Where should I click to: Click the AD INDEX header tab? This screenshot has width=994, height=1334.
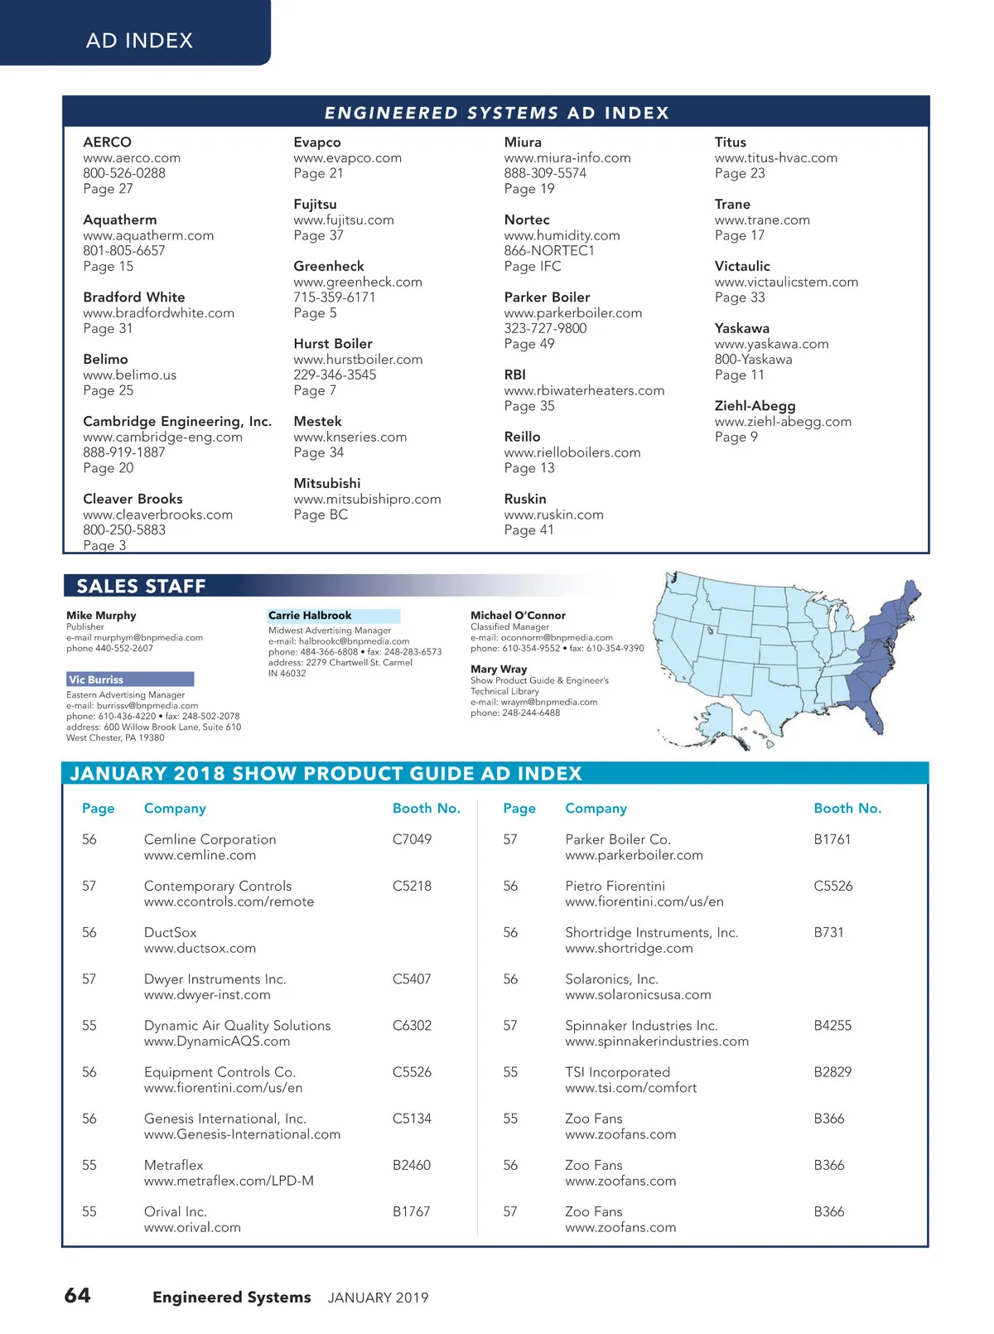[139, 40]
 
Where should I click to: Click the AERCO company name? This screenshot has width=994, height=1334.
[107, 143]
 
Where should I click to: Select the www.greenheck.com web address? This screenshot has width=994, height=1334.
[358, 282]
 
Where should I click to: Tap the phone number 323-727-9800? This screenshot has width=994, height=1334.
[545, 328]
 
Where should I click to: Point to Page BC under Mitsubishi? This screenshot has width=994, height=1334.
[321, 515]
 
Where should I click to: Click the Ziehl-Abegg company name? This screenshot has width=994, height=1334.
[755, 406]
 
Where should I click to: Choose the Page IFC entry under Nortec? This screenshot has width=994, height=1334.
[533, 266]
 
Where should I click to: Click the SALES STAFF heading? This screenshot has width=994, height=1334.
[141, 586]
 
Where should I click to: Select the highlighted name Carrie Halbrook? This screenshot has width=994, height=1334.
[310, 616]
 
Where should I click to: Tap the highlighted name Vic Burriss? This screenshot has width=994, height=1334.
[97, 679]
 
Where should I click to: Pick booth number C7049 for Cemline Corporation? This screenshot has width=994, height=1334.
[412, 839]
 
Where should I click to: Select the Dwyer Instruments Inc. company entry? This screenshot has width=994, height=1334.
[215, 979]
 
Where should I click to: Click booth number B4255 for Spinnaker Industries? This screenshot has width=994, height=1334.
[832, 1026]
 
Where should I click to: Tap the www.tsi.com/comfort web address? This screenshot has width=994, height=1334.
[630, 1088]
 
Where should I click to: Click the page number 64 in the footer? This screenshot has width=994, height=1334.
[78, 1295]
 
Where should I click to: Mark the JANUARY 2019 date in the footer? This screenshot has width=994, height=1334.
[378, 1298]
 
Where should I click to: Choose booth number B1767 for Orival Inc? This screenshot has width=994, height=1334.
[411, 1211]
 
